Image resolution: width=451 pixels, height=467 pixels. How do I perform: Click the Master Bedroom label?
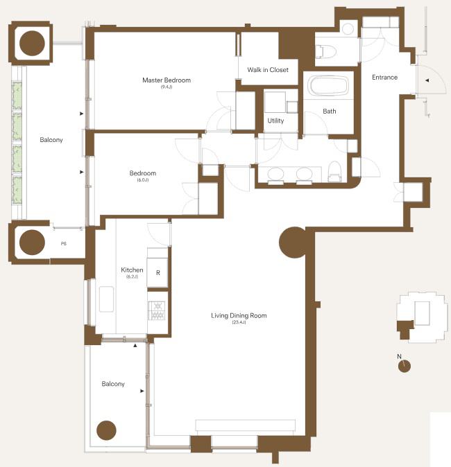coord(167,80)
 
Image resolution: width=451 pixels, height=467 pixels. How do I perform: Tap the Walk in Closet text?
coord(268,70)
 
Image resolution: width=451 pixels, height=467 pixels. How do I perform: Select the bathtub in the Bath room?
coord(328,85)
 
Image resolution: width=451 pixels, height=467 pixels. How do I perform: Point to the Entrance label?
coord(384,78)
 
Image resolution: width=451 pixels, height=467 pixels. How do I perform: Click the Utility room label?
coord(275,121)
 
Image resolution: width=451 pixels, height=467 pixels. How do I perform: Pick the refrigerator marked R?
coord(158,273)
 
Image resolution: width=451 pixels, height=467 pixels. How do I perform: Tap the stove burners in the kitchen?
coord(157,310)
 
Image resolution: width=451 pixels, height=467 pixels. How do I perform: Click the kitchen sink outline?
coord(106,299)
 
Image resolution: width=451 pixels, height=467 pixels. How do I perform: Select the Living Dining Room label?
coord(239,315)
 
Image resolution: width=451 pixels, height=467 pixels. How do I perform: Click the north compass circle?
coord(405,367)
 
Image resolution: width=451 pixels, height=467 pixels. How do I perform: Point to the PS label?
coord(64,244)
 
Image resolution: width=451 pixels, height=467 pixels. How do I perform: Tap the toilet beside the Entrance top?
coord(325,51)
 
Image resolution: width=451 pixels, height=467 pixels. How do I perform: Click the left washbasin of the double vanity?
coord(276,175)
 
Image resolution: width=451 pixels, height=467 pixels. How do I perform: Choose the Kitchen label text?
coord(132,270)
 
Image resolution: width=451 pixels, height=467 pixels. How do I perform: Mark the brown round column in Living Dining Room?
coord(293,242)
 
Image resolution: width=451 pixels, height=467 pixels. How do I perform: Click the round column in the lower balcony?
coord(106,430)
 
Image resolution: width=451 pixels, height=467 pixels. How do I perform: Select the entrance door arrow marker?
coord(427,80)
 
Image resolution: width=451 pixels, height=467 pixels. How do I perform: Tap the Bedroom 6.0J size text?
coord(142,180)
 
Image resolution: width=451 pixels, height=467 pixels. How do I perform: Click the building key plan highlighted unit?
coord(405,329)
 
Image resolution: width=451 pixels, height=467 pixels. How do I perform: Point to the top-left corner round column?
coord(32,43)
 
